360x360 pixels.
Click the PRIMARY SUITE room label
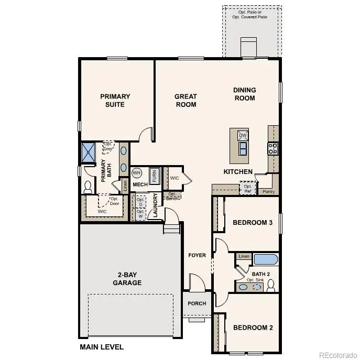(x=115, y=100)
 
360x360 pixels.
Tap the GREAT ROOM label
(x=186, y=100)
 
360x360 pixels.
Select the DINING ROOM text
(x=244, y=94)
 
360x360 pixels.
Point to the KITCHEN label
(x=238, y=172)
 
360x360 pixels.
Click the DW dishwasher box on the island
(x=242, y=136)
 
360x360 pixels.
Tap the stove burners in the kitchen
(x=273, y=148)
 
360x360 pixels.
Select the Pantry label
(x=268, y=192)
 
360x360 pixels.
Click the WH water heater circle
(x=137, y=173)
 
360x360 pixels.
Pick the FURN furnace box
(x=155, y=176)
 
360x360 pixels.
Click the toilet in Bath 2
(x=271, y=286)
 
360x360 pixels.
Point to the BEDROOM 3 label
(x=252, y=223)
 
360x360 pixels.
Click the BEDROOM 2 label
(x=253, y=328)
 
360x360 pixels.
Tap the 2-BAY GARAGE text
(x=127, y=279)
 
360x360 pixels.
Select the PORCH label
(x=197, y=303)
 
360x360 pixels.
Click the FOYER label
(x=197, y=255)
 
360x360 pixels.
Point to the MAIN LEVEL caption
(x=102, y=347)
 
